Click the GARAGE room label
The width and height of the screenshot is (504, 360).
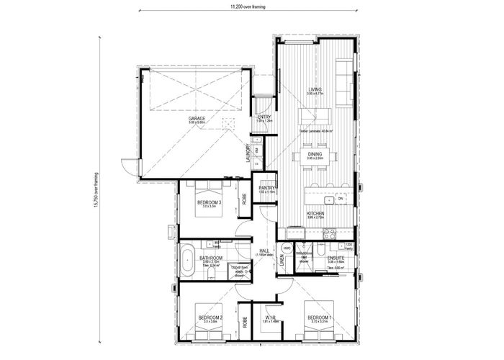(x=197, y=118)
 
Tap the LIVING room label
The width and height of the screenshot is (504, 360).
(x=313, y=90)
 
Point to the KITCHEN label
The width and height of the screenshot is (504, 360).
(x=315, y=214)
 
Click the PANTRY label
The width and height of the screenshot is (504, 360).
(x=268, y=188)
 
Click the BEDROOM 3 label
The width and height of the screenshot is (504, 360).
(x=209, y=203)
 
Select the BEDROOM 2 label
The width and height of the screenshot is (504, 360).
(x=210, y=318)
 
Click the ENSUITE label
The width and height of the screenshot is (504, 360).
(x=336, y=256)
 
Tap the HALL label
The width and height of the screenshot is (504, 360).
(x=264, y=251)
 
